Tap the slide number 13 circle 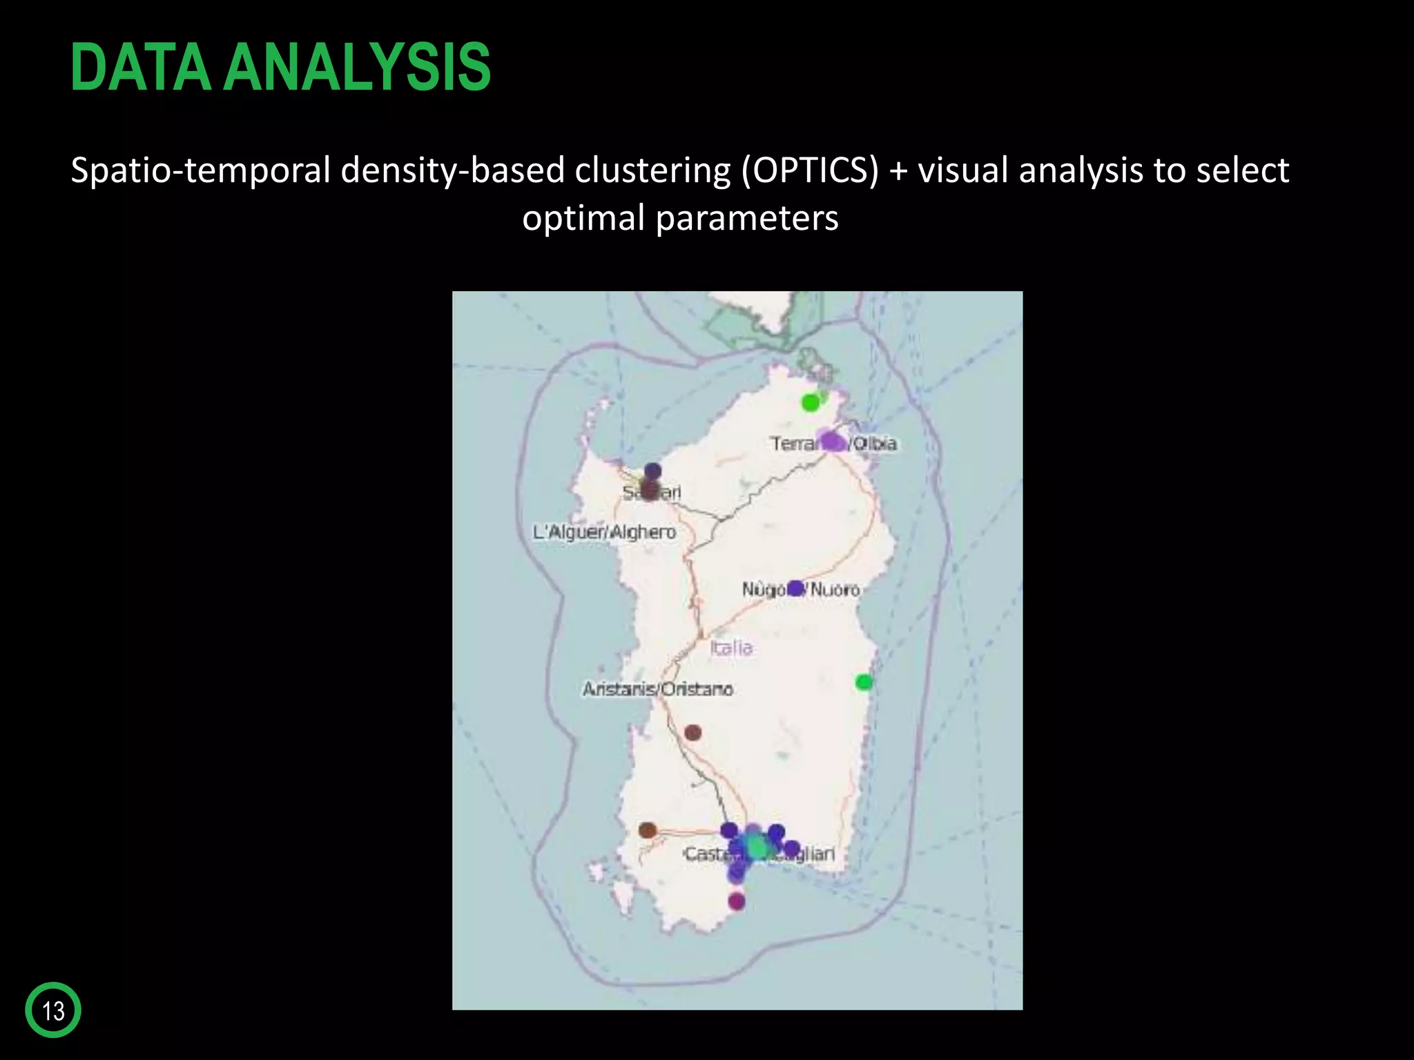[x=53, y=1010]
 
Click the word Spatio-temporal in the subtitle [x=201, y=170]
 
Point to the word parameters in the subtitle [x=746, y=218]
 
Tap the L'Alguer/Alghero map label [x=604, y=532]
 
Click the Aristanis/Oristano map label [x=657, y=689]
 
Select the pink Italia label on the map [x=731, y=647]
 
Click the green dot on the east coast [x=863, y=683]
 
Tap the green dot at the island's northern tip [x=811, y=402]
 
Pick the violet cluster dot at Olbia [x=832, y=441]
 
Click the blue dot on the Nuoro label [x=795, y=588]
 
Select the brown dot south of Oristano [x=693, y=733]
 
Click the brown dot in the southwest [x=647, y=830]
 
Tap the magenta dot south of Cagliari [x=737, y=901]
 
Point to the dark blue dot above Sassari [x=652, y=471]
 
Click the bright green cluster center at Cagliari [x=757, y=846]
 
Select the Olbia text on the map [x=875, y=443]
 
